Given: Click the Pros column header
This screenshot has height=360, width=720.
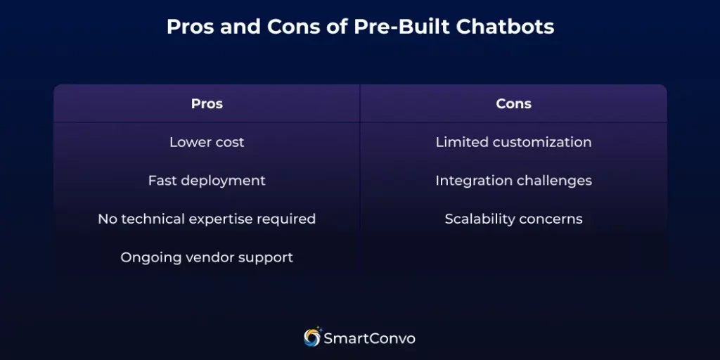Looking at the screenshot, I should [207, 104].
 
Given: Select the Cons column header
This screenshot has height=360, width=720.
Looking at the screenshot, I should [513, 104].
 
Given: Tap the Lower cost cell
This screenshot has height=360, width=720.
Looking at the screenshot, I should [207, 142].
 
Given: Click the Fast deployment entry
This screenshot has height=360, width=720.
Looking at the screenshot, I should [207, 181].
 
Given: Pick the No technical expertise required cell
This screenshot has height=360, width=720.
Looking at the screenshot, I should [207, 219].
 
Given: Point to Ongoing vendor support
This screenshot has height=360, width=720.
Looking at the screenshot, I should [207, 257].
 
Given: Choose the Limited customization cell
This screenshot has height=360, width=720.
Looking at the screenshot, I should [513, 142].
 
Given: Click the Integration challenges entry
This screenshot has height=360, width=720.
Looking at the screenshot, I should [513, 181].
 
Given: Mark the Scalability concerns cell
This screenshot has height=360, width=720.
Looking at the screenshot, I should [513, 219].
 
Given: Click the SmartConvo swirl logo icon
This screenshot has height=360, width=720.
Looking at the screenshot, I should [312, 337].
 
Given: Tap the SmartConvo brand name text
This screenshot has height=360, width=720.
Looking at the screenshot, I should [369, 339].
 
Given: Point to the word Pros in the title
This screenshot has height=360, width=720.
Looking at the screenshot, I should [189, 27].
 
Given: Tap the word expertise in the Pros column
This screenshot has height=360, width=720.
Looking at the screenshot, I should [224, 219].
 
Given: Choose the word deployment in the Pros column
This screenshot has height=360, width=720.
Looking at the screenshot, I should [223, 181].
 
